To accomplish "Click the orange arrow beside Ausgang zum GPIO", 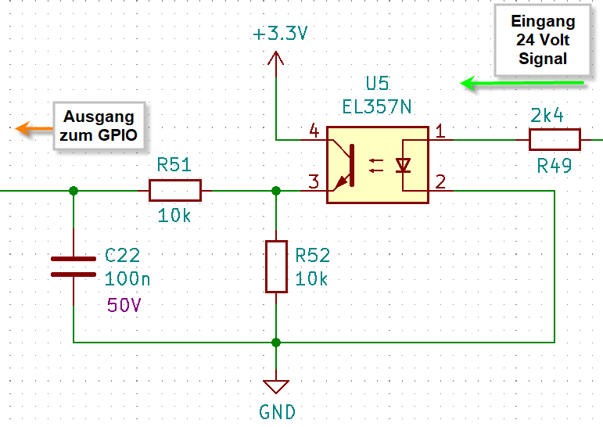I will (34, 128).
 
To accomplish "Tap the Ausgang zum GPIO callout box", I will (100, 126).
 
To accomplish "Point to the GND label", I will (277, 411).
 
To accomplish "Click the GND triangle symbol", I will (276, 386).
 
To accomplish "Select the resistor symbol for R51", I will (174, 190).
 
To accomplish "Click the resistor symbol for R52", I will (276, 267).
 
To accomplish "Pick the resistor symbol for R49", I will (555, 140).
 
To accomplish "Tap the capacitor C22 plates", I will (74, 266).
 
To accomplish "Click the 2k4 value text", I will (547, 116).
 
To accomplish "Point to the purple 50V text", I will (124, 305).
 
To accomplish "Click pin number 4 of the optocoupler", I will (314, 130).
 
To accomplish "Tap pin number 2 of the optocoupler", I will (440, 182).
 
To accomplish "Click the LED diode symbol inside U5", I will (404, 165).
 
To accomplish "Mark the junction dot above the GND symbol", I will (276, 342).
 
